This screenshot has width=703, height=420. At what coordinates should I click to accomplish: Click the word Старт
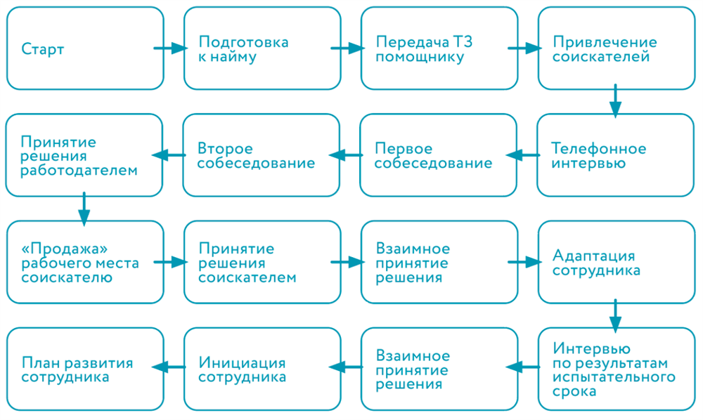pyautogui.click(x=42, y=49)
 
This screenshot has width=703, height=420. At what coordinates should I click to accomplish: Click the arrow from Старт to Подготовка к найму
pyautogui.click(x=171, y=48)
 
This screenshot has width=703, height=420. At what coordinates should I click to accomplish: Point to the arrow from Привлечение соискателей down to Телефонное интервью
pyautogui.click(x=615, y=100)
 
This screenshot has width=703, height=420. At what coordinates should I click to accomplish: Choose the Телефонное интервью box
pyautogui.click(x=615, y=155)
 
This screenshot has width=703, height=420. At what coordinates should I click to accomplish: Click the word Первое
pyautogui.click(x=403, y=149)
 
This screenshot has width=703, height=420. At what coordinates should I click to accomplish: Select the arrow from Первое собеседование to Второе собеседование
pyautogui.click(x=344, y=155)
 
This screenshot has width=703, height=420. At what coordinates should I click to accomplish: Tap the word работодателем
pyautogui.click(x=79, y=171)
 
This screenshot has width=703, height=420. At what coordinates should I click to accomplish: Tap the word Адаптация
pyautogui.click(x=594, y=255)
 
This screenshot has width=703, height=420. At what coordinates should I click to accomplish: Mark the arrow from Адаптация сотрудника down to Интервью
pyautogui.click(x=615, y=315)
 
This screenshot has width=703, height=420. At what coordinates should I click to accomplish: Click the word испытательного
pyautogui.click(x=614, y=377)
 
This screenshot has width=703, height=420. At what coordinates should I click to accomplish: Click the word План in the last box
pyautogui.click(x=39, y=362)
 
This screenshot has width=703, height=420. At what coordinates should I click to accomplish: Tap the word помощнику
pyautogui.click(x=420, y=57)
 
